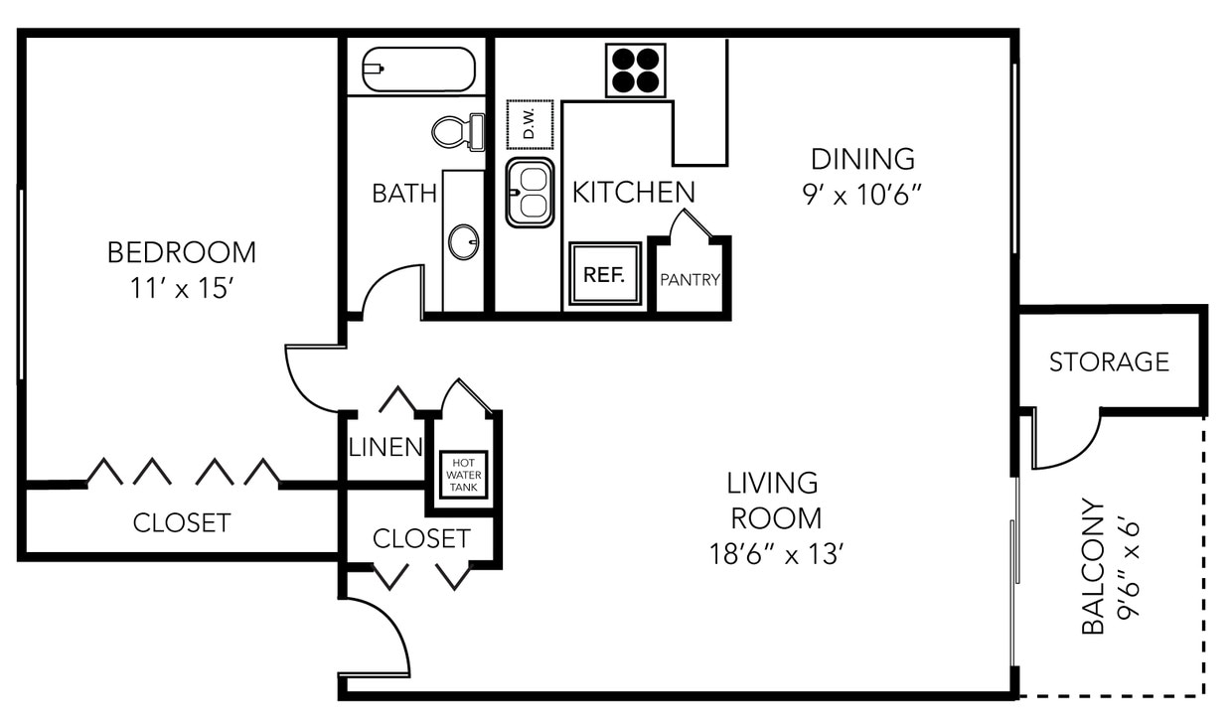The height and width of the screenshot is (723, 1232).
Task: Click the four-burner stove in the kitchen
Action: [636, 71]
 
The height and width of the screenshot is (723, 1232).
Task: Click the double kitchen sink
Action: [530, 193]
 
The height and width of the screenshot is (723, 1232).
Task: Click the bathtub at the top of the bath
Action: [418, 70]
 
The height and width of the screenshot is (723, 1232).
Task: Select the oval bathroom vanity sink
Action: [463, 241]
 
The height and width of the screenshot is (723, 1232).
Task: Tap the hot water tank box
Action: [464, 475]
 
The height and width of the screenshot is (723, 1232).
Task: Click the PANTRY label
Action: [690, 280]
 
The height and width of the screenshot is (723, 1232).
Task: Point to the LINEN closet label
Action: [385, 448]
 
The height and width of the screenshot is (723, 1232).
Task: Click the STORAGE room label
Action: [1109, 362]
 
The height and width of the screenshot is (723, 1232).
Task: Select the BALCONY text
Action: [1092, 566]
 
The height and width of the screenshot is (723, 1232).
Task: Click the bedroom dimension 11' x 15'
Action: [181, 289]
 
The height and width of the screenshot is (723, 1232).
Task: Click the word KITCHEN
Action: [633, 193]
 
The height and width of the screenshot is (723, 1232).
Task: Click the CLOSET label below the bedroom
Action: [182, 522]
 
